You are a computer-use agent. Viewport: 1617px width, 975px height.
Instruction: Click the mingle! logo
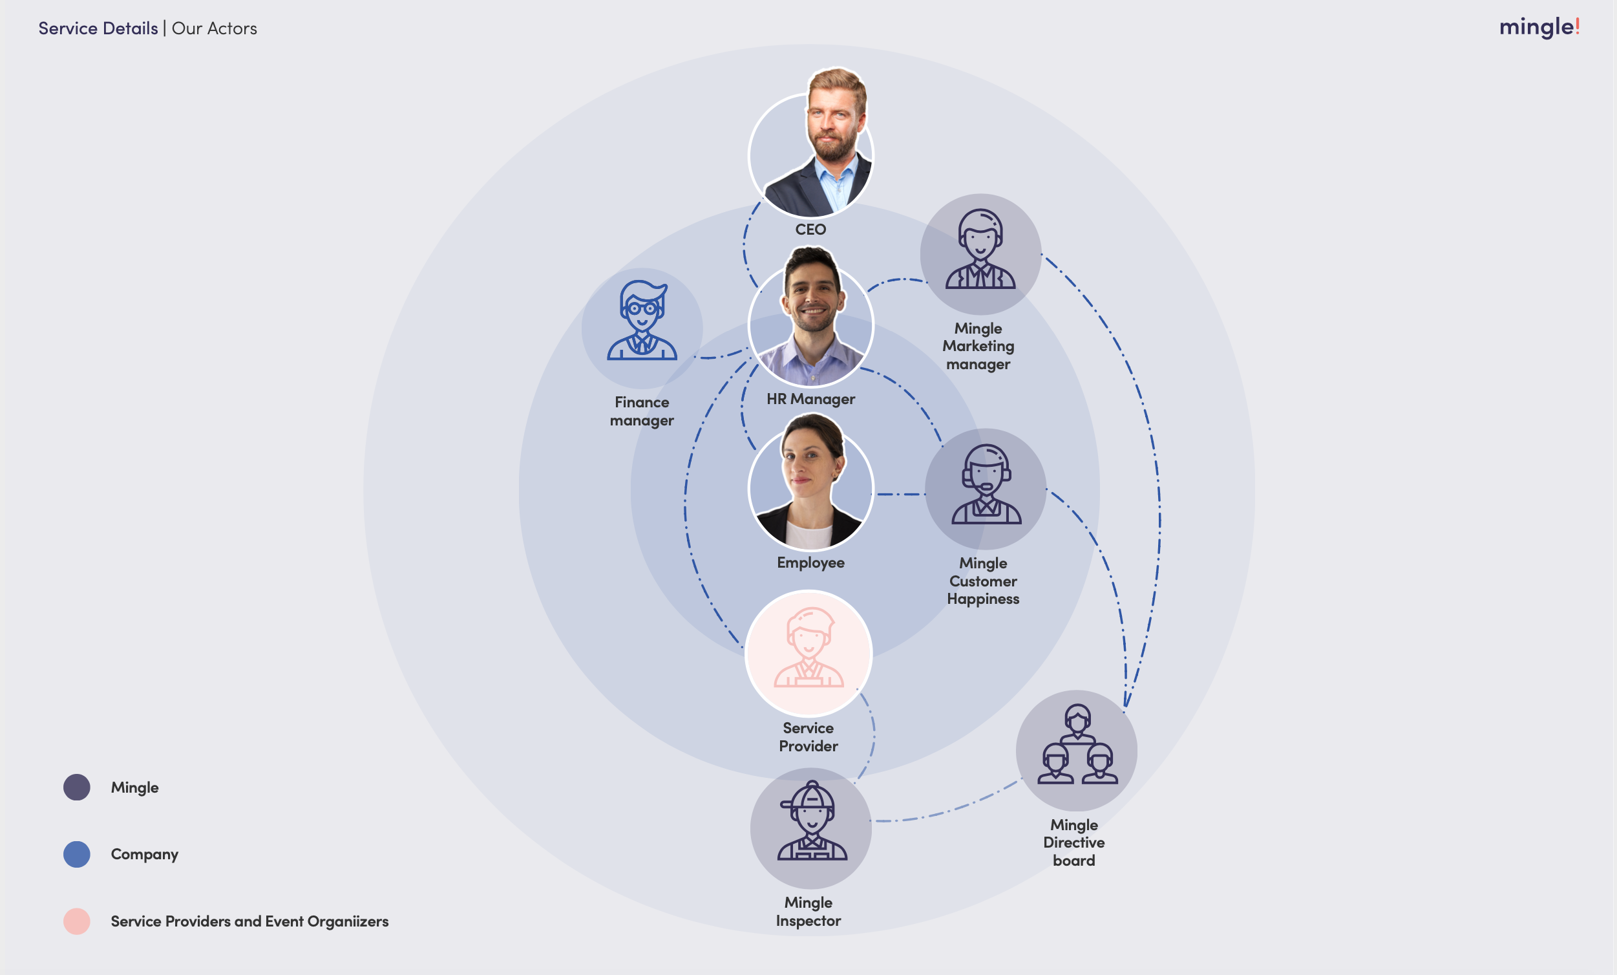(1539, 27)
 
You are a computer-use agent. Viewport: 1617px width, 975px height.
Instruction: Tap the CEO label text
(810, 229)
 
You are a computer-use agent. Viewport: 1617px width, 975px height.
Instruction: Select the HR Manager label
(810, 398)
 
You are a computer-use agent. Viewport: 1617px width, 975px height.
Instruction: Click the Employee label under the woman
(810, 562)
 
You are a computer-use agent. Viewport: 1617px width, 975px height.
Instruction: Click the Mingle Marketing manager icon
(980, 250)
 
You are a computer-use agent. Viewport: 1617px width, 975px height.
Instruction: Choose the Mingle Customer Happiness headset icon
(986, 485)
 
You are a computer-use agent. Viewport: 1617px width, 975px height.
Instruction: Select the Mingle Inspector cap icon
(812, 822)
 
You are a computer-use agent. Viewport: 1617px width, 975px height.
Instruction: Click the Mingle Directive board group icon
(1076, 746)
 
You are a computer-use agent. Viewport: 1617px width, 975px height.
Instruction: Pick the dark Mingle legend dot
(77, 787)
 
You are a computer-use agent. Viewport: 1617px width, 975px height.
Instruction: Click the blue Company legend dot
(77, 854)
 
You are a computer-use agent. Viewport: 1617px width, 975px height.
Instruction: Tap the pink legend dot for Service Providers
(77, 921)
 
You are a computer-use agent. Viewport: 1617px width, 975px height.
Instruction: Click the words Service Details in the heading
(98, 28)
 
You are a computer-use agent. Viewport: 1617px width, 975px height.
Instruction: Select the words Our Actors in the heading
(215, 28)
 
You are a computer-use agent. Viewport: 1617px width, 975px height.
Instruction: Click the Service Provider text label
(808, 736)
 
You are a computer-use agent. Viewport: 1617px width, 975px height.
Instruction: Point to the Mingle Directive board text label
(1074, 842)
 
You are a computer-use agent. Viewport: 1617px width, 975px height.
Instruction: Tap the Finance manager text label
(642, 411)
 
